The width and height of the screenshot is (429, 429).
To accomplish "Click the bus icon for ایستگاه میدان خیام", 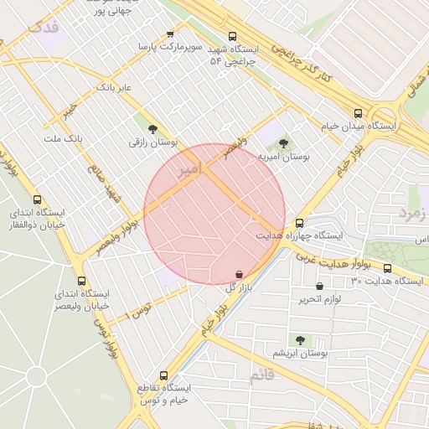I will (359, 113).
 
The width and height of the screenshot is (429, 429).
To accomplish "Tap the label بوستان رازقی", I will (152, 143).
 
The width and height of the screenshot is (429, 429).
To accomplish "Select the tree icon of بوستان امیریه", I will (282, 143).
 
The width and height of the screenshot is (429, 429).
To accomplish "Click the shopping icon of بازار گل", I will (240, 274).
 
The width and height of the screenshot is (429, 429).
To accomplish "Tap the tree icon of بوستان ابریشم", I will (300, 340).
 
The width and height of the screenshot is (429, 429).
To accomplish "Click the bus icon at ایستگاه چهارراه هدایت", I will (299, 223).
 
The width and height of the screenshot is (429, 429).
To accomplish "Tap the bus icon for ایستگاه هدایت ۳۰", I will (387, 268).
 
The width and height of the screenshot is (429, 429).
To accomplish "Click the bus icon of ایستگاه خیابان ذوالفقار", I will (37, 199).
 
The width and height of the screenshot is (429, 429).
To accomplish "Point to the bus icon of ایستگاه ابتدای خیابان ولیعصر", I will (81, 281).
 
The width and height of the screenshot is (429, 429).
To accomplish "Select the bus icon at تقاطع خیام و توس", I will (163, 375).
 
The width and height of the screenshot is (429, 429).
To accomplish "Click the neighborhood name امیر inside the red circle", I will (190, 169).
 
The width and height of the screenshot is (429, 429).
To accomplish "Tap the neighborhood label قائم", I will (261, 376).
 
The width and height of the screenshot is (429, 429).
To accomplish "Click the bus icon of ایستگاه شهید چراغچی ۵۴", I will (233, 36).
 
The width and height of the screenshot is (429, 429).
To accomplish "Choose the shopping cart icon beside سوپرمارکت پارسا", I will (171, 34).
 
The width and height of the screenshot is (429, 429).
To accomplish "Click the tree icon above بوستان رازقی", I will (152, 129).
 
